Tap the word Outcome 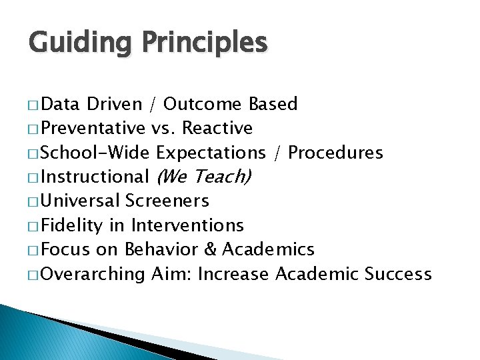click(203, 104)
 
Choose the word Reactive click(217, 128)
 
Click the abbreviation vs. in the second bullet click(162, 128)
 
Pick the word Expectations click(211, 153)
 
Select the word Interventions click(187, 225)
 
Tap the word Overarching click(93, 274)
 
